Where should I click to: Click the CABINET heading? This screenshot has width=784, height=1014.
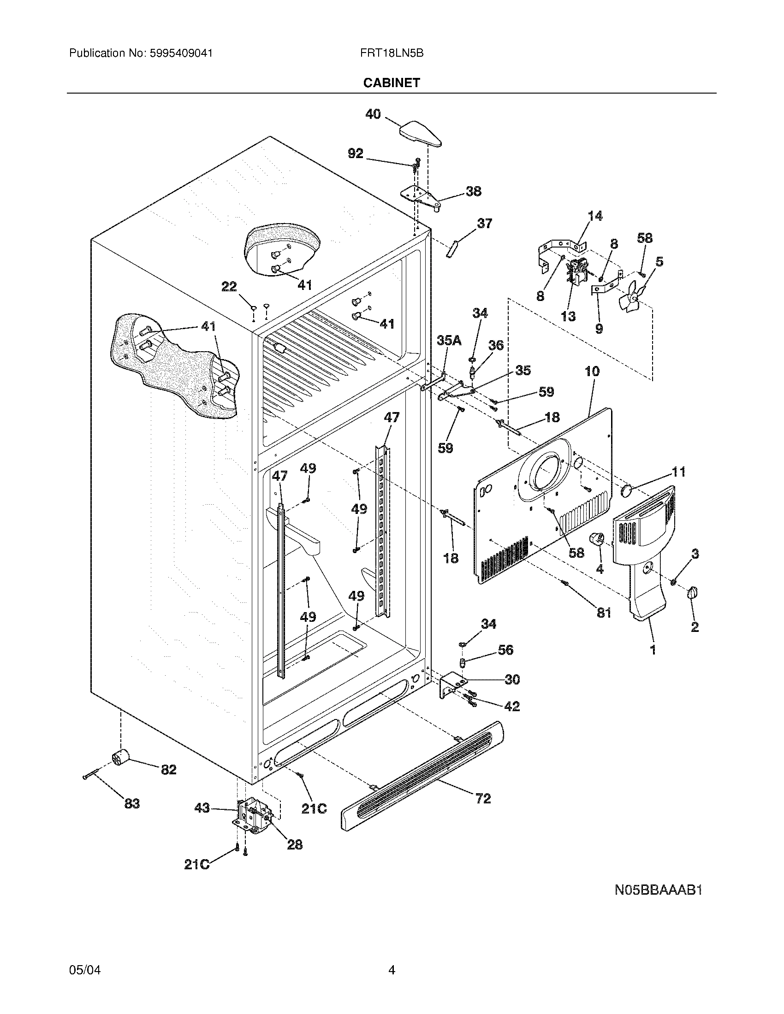tap(392, 83)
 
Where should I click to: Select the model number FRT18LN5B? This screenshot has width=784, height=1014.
tap(392, 53)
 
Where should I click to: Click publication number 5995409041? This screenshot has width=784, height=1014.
tap(181, 53)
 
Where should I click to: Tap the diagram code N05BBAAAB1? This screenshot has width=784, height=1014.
tap(658, 890)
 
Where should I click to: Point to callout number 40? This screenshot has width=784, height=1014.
tap(373, 114)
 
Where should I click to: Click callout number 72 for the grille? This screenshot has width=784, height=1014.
tap(483, 799)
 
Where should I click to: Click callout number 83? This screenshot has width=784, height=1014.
tap(132, 803)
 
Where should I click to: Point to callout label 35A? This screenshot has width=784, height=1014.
tap(449, 340)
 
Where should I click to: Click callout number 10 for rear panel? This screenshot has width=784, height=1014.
tap(592, 371)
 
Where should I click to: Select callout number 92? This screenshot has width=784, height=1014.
tap(356, 153)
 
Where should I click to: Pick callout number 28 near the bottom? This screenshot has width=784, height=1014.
tap(295, 844)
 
